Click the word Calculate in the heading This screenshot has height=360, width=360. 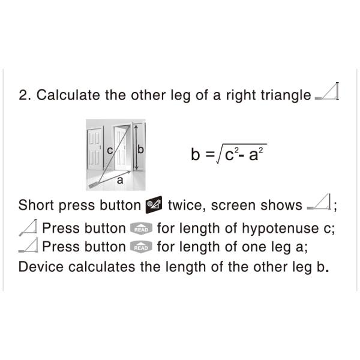pyautogui.click(x=68, y=95)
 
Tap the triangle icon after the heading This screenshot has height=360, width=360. pyautogui.click(x=327, y=91)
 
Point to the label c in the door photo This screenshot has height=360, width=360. pyautogui.click(x=110, y=151)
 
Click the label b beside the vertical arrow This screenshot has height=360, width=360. pyautogui.click(x=140, y=149)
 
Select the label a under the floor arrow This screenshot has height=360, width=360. pyautogui.click(x=120, y=181)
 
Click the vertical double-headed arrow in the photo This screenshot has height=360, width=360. pyautogui.click(x=136, y=148)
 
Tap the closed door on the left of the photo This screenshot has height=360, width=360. pyautogui.click(x=95, y=149)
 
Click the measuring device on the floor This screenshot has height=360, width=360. pyautogui.click(x=94, y=185)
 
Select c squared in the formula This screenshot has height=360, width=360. pyautogui.click(x=232, y=154)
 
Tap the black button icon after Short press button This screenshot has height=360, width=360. pyautogui.click(x=154, y=205)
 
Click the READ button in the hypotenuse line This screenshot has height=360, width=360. pyautogui.click(x=141, y=229)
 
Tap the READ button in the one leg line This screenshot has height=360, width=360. pyautogui.click(x=141, y=247)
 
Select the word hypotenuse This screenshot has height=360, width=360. pyautogui.click(x=280, y=229)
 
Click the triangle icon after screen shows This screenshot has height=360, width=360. pyautogui.click(x=319, y=202)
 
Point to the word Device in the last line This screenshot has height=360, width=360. pyautogui.click(x=41, y=267)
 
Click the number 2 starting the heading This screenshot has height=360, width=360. pyautogui.click(x=23, y=95)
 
